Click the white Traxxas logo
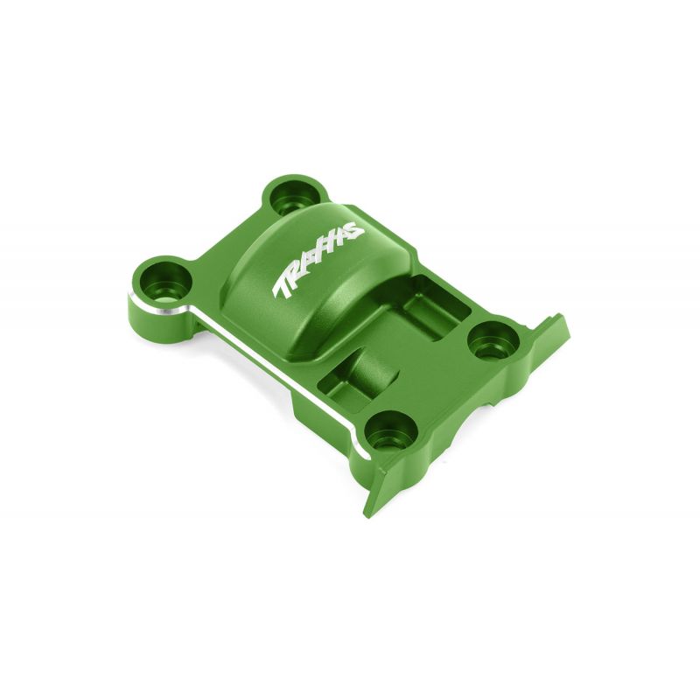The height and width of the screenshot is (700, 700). click(318, 258)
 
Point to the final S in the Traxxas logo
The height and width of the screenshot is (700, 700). click(354, 230)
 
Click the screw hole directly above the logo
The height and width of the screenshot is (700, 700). click(296, 199)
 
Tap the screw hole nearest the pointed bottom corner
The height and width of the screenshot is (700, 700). click(391, 430)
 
